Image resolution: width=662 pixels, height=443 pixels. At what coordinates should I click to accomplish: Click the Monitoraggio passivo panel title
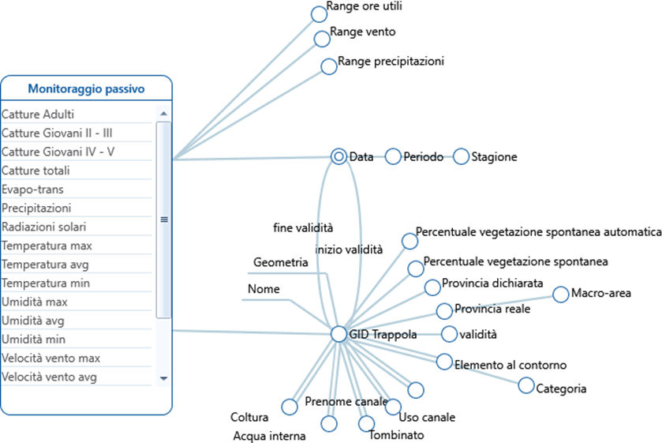click(86, 89)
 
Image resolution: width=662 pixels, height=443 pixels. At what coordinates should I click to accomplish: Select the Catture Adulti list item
click(38, 115)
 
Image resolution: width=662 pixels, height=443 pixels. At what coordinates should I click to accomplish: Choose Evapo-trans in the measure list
click(32, 190)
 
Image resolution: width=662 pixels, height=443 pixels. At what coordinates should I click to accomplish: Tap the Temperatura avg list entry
click(47, 265)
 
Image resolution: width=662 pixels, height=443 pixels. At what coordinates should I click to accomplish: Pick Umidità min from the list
click(35, 340)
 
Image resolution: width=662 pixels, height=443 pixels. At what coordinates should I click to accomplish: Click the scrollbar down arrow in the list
click(164, 378)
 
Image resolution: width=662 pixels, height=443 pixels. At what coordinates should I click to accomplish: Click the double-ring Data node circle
click(339, 156)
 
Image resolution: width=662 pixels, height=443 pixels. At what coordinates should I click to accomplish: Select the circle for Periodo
click(393, 156)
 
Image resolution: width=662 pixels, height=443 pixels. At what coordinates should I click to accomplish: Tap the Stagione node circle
click(461, 156)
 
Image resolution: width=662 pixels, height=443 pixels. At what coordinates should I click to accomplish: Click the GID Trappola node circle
click(339, 335)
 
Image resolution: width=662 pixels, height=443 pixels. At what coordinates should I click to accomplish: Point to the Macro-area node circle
click(560, 295)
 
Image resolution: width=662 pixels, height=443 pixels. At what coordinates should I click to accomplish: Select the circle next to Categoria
click(525, 385)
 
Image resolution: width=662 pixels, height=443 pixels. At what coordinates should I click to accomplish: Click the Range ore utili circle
click(319, 14)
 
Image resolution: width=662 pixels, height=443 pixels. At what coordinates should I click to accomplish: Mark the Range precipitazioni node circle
click(329, 66)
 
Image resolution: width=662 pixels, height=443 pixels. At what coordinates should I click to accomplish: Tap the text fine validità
click(303, 227)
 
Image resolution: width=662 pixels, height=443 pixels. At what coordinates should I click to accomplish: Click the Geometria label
click(280, 262)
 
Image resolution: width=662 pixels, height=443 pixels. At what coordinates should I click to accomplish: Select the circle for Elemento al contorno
click(445, 362)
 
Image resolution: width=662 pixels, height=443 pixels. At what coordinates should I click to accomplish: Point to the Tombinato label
click(396, 435)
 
